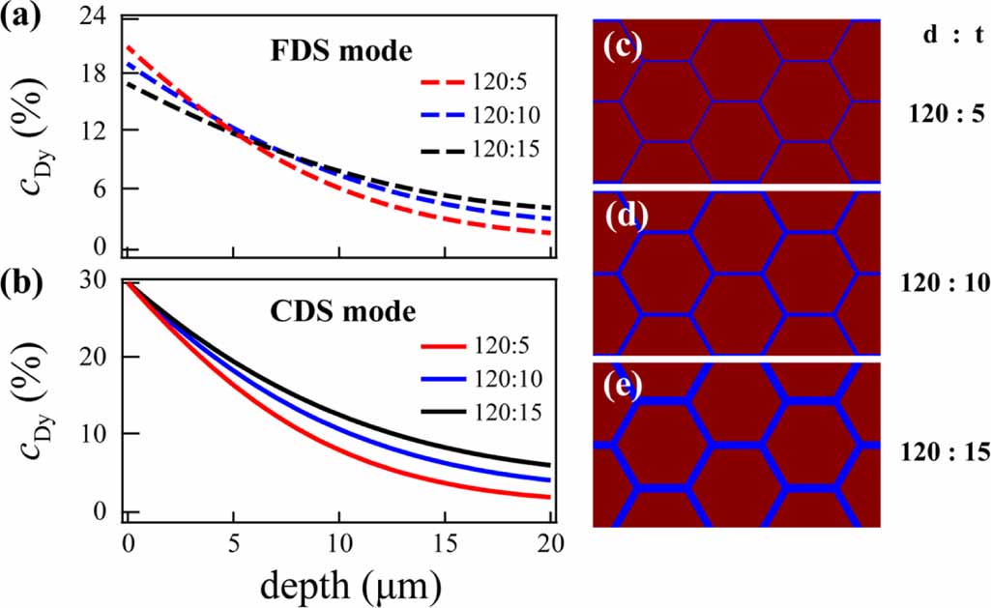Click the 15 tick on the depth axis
click(445, 541)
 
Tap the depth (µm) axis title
click(337, 583)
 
